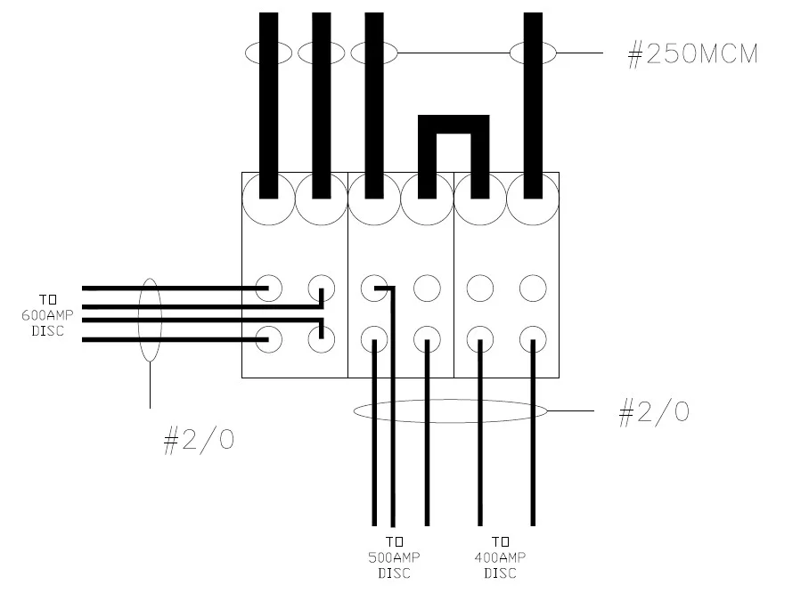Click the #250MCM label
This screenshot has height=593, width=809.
click(692, 54)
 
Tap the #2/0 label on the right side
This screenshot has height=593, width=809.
click(653, 411)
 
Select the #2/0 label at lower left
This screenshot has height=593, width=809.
click(199, 441)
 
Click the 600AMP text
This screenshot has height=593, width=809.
click(44, 315)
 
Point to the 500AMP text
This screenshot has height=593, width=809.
click(394, 557)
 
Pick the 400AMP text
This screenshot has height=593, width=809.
click(500, 557)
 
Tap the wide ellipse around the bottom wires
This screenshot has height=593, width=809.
click(450, 410)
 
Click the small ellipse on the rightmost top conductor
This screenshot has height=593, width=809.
click(533, 53)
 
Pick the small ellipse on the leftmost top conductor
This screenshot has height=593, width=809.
click(268, 53)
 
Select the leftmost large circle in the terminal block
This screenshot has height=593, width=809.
click(267, 199)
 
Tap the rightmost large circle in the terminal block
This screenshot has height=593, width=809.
click(533, 199)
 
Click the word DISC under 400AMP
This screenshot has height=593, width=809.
click(500, 573)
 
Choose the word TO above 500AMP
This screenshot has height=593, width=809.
click(394, 541)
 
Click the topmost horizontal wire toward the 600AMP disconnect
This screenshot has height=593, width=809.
click(169, 288)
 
